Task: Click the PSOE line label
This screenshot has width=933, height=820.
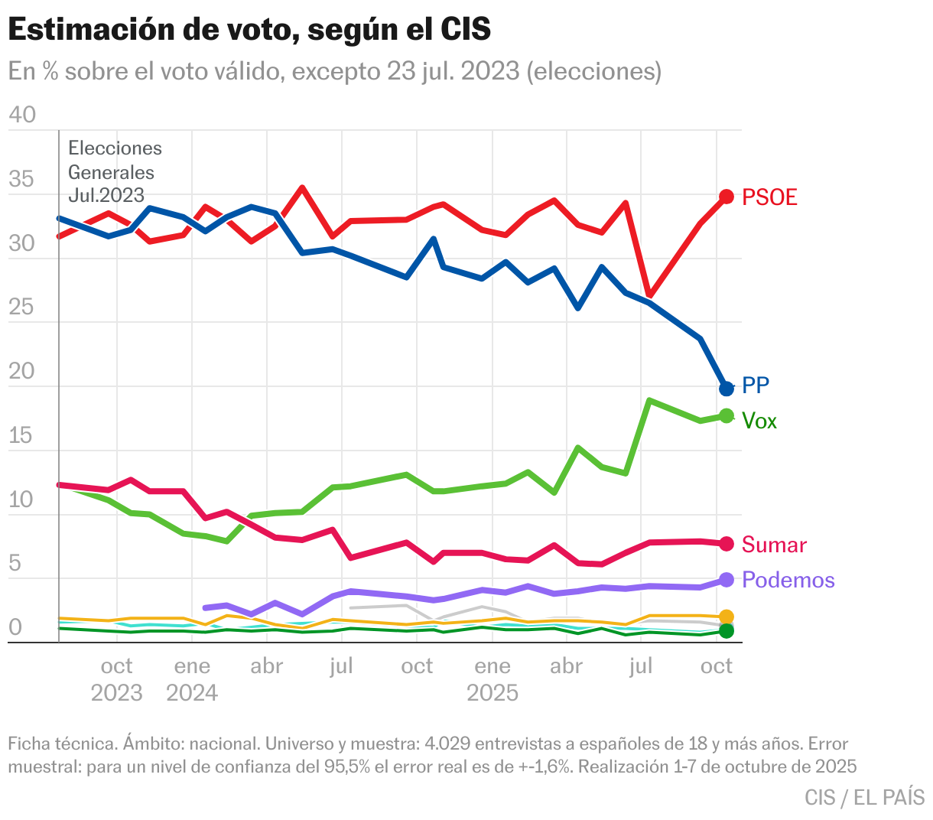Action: coord(769,197)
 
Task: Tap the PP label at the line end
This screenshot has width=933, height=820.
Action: coord(756,386)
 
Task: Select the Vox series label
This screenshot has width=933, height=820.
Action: coord(759,421)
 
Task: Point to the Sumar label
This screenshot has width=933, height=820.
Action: coord(774,545)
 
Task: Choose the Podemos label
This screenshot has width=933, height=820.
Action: coord(788,580)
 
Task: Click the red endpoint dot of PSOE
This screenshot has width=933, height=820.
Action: coord(727,197)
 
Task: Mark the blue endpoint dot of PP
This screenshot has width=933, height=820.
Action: coord(727,388)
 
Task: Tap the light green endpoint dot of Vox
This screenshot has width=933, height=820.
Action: coord(727,416)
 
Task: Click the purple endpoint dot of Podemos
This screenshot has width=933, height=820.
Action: coord(727,580)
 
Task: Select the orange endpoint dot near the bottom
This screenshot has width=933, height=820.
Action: coord(727,617)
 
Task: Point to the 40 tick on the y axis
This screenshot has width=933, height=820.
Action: coord(21,115)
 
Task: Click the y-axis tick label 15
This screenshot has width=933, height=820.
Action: coord(21,436)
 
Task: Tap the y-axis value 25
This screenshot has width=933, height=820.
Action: coord(21,307)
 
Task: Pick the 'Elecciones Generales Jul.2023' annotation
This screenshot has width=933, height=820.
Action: coord(115,171)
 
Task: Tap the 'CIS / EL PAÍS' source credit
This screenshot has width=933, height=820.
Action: coord(864,797)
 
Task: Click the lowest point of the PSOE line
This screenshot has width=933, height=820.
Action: coord(649,294)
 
